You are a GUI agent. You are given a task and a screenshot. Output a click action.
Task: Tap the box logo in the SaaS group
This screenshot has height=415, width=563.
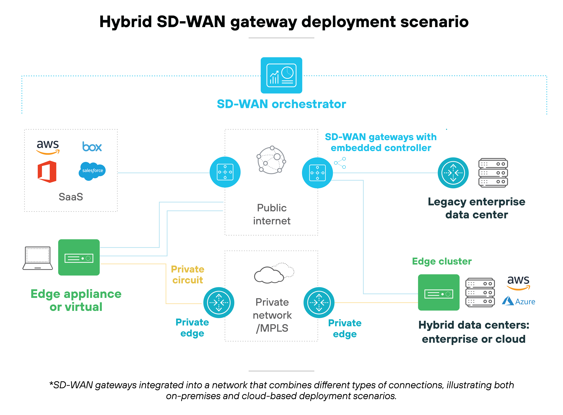tap(92, 147)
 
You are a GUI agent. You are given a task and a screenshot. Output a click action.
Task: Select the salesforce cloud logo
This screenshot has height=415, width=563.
tap(92, 171)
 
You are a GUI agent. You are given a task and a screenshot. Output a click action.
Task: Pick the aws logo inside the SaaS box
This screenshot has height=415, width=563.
tap(48, 146)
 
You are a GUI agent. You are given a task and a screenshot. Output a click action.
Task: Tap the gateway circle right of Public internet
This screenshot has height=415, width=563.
tap(317, 173)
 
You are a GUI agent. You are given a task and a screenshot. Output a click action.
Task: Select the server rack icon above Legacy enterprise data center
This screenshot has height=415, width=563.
tap(493, 173)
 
